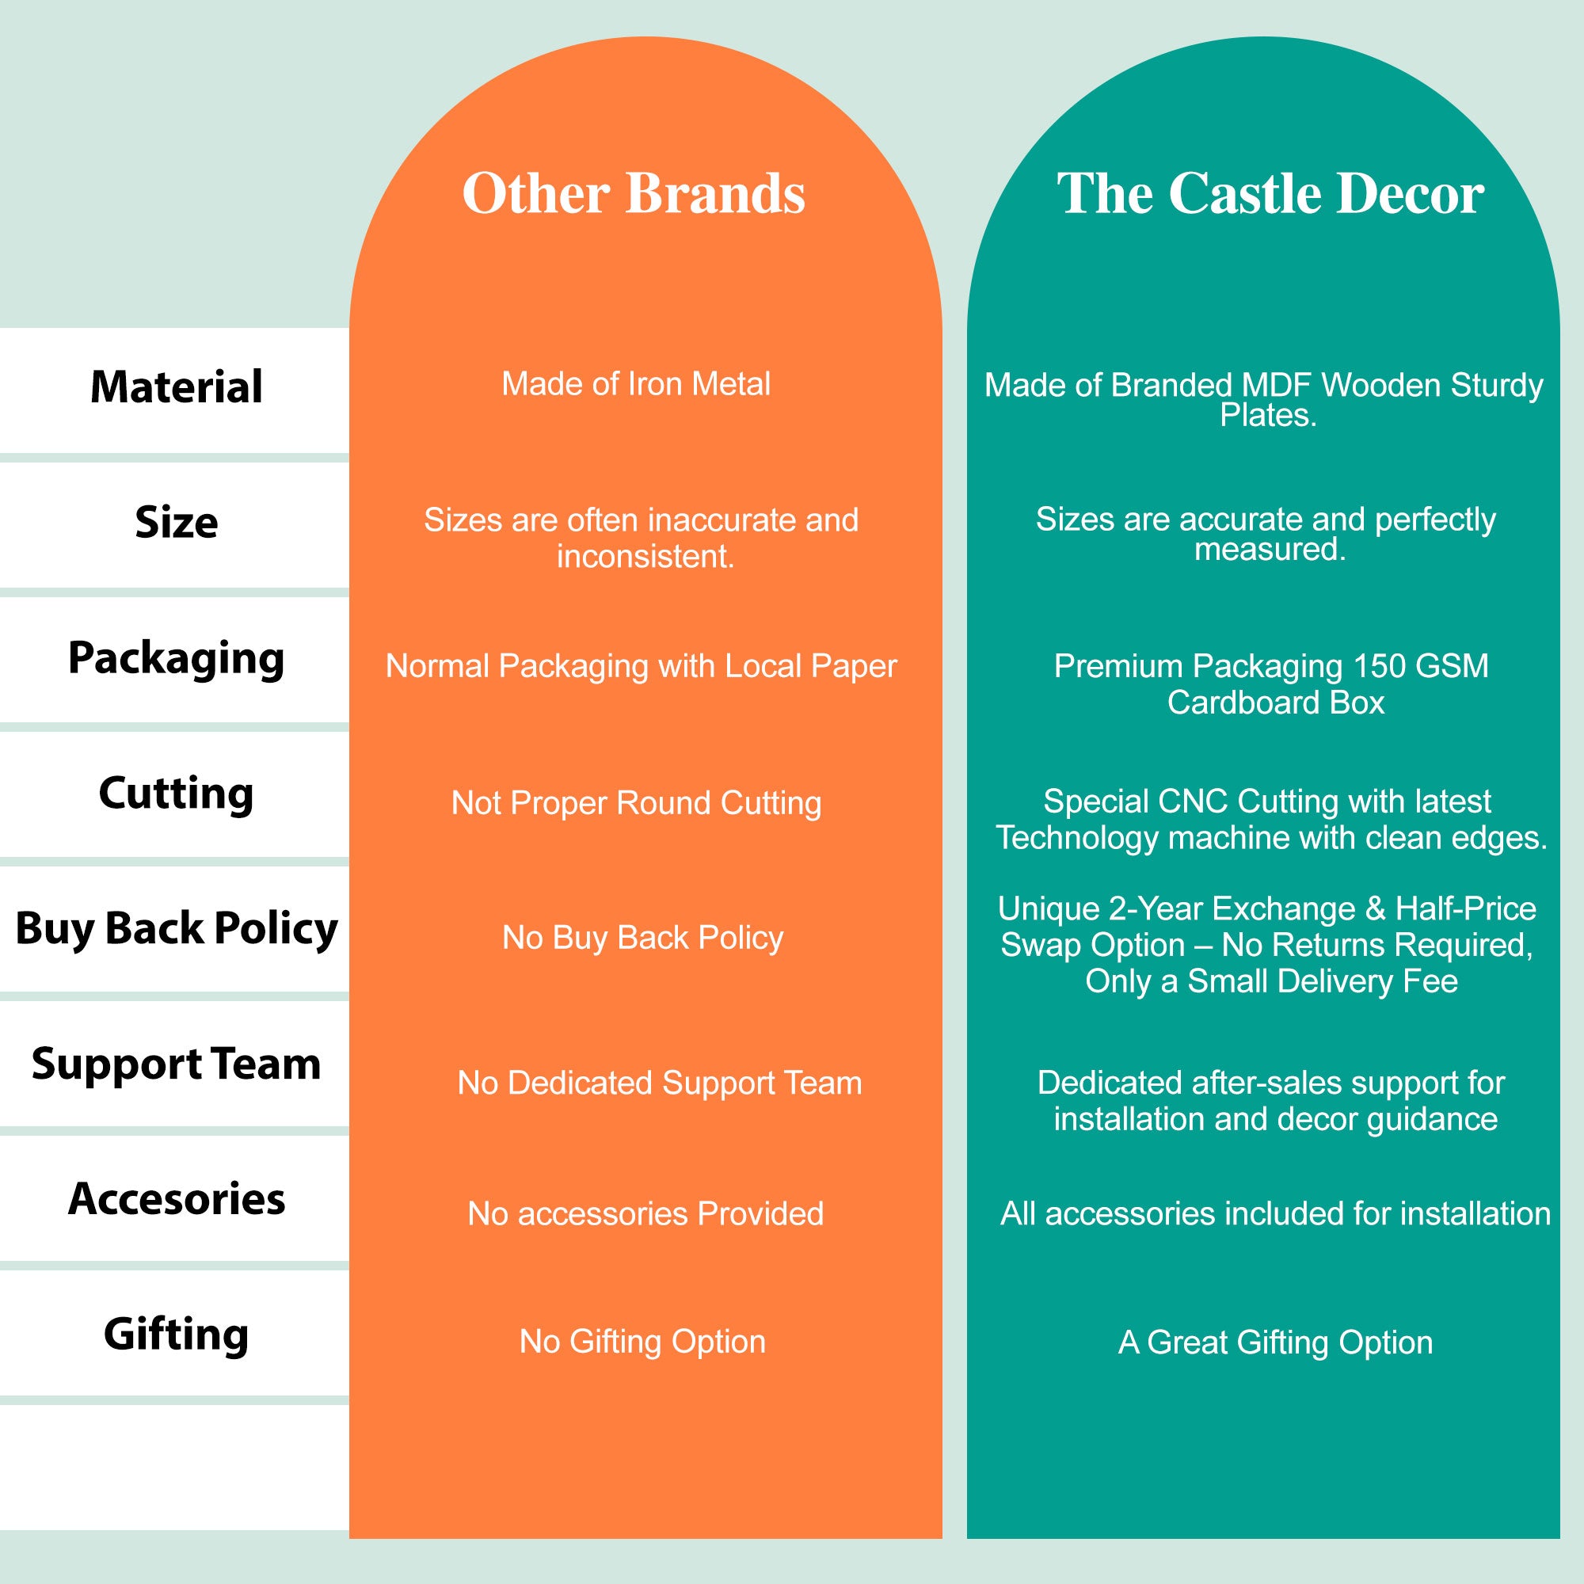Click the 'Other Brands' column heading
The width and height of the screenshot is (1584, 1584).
634,193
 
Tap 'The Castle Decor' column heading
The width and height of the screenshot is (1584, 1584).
1270,193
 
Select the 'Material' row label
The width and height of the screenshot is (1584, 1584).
177,387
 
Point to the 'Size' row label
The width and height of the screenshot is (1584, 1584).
177,521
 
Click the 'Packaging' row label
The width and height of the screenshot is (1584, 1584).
177,658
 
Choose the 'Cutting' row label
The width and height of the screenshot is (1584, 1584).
177,794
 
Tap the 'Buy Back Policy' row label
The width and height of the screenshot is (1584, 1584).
177,929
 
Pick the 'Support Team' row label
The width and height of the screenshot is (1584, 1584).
177,1064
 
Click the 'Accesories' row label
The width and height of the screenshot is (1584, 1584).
177,1198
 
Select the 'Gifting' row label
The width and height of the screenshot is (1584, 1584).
177,1334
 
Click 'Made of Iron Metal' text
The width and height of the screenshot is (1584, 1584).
636,383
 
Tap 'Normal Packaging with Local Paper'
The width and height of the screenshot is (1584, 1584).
642,667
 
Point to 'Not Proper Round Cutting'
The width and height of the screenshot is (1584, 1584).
636,803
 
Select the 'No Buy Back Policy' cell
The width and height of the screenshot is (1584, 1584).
643,938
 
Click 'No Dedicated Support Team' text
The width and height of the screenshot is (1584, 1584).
660,1083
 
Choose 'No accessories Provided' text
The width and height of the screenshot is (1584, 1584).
645,1213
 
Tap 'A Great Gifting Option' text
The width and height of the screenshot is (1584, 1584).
1276,1343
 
